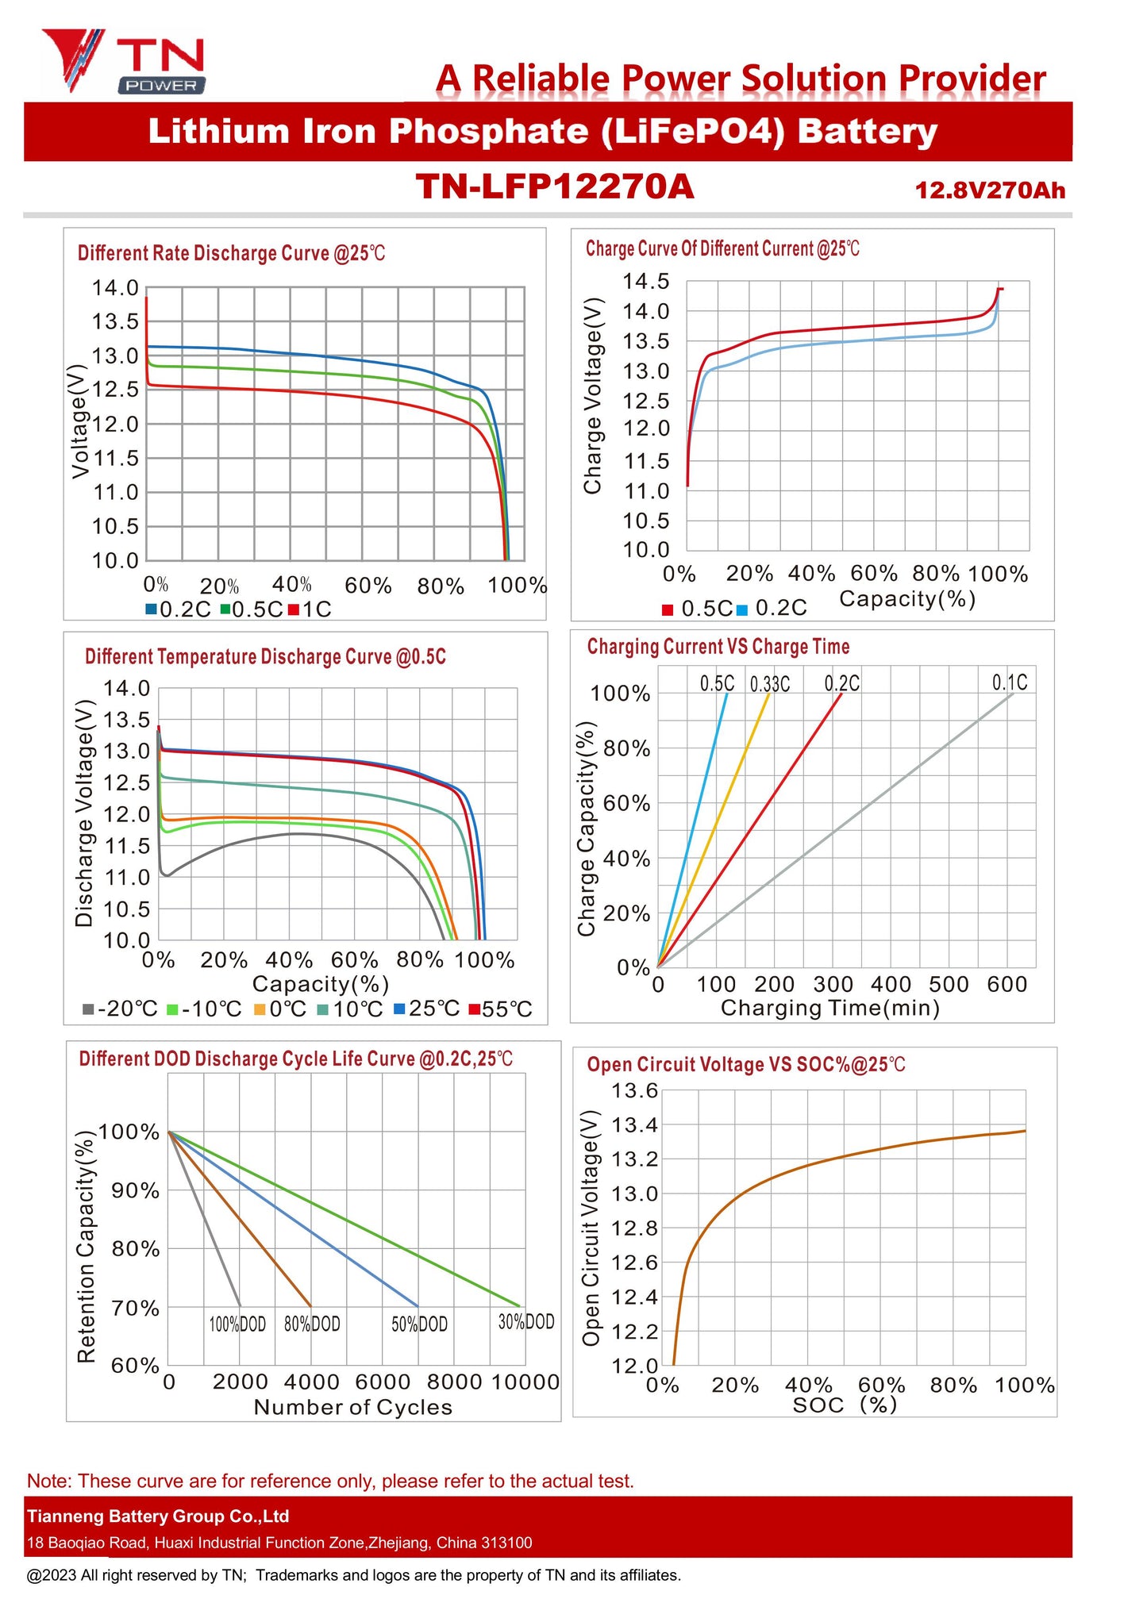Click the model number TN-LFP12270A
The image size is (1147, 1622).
[555, 187]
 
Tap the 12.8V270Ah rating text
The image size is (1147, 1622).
[989, 190]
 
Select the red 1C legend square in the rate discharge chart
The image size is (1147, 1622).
[293, 609]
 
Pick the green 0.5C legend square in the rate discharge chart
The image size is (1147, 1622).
[225, 609]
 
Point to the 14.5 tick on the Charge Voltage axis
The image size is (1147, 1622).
[645, 282]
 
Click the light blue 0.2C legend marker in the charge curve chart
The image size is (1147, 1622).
[742, 610]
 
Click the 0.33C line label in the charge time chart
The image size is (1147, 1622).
[769, 684]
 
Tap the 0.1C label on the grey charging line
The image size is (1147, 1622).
[1009, 682]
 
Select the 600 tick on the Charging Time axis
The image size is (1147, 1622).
[1007, 985]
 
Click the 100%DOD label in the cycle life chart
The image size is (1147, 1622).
[237, 1324]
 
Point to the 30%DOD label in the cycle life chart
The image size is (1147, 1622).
[525, 1321]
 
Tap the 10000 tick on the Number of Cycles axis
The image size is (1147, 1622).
[525, 1382]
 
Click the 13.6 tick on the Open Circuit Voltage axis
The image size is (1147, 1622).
[634, 1091]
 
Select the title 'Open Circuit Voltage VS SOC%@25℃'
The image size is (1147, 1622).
[745, 1065]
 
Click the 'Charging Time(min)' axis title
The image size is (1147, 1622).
[829, 1009]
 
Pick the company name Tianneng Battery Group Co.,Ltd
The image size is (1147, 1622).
[158, 1516]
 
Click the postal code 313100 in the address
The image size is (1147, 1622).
[506, 1543]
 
